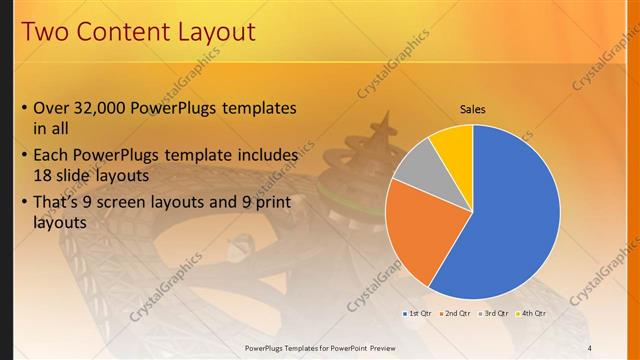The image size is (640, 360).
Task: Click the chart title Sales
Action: click(472, 109)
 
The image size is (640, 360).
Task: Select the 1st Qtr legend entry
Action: click(417, 313)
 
